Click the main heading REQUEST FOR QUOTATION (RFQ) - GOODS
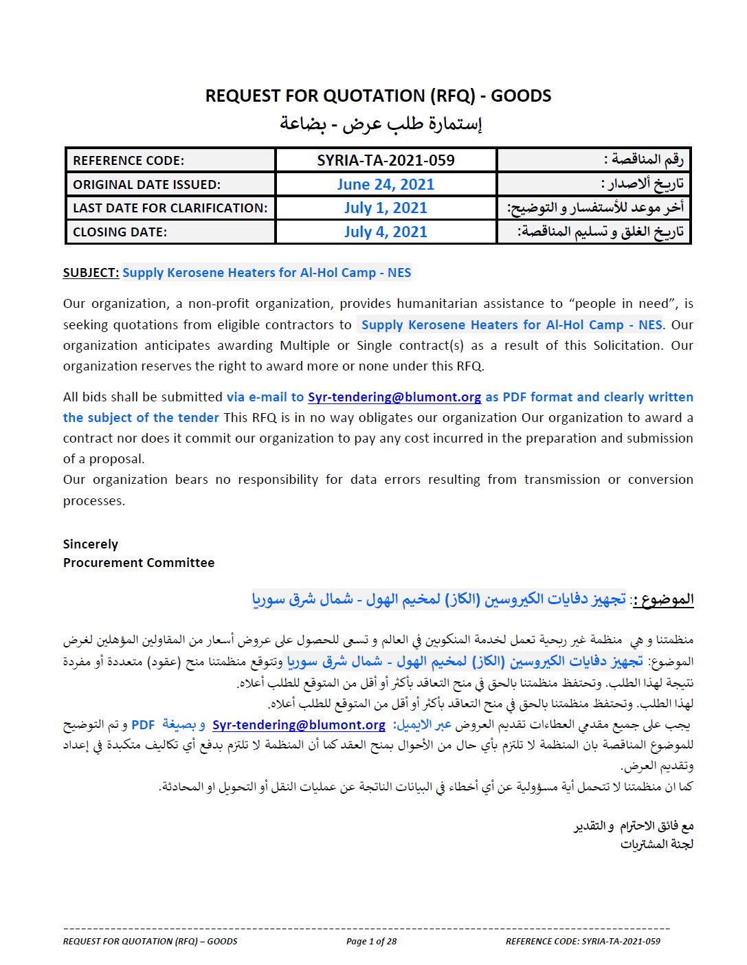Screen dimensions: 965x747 click(x=378, y=96)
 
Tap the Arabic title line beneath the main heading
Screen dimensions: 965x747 click(x=381, y=124)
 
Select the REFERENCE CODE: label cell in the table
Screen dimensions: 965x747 click(x=129, y=161)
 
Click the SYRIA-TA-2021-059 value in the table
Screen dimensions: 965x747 click(x=386, y=160)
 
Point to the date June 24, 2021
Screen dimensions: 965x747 click(x=386, y=184)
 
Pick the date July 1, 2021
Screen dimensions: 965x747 click(x=386, y=208)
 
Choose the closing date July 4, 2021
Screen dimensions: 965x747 click(x=386, y=232)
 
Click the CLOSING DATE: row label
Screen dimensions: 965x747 click(x=120, y=232)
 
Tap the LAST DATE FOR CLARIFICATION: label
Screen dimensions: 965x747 click(x=170, y=208)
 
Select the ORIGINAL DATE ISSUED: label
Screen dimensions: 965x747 click(x=146, y=184)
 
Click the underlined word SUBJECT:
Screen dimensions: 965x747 click(x=91, y=273)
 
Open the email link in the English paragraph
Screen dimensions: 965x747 click(x=394, y=397)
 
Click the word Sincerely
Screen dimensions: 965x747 click(x=91, y=544)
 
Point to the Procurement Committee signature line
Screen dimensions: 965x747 click(x=139, y=563)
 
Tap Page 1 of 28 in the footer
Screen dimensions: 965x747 click(x=371, y=942)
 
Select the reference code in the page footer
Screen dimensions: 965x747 click(x=583, y=942)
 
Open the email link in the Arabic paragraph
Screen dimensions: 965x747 click(x=299, y=725)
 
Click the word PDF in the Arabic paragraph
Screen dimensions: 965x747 click(x=143, y=725)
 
